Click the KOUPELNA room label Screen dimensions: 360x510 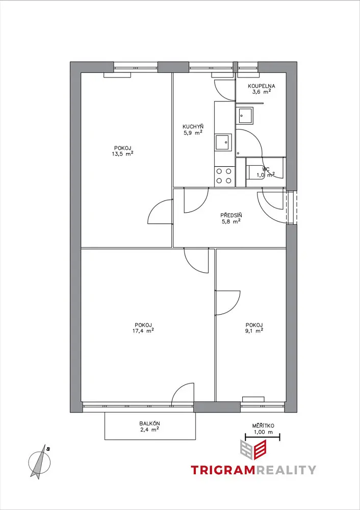tap(262, 86)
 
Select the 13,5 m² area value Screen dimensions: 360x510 tap(122, 154)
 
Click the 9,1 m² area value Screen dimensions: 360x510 tap(254, 331)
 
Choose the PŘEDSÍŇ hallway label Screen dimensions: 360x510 tap(231, 215)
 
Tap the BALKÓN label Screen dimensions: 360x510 tap(149, 423)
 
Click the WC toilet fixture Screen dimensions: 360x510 tap(255, 172)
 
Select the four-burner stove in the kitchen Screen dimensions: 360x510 tap(224, 176)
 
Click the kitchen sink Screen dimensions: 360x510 tap(223, 142)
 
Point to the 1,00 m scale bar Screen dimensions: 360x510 tap(263, 438)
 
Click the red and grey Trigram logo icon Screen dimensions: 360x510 tap(253, 449)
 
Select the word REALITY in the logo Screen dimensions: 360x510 tap(286, 470)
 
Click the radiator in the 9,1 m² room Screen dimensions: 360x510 tap(253, 399)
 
